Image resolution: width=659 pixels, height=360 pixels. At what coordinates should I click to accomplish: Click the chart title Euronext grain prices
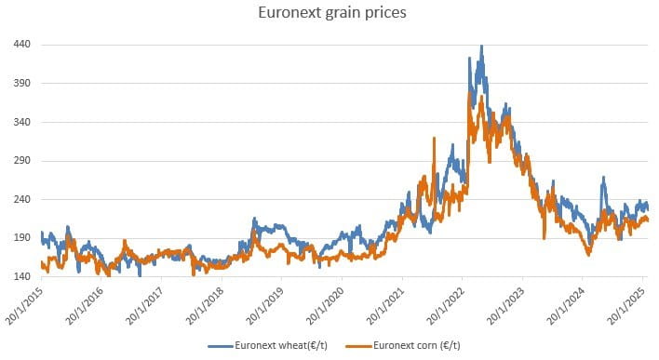pos(329,14)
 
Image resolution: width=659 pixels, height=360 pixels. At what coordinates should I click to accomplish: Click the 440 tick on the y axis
pos(23,45)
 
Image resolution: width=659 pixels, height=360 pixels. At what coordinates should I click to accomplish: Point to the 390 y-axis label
pos(23,84)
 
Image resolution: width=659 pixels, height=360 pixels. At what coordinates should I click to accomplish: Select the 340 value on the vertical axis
pos(23,122)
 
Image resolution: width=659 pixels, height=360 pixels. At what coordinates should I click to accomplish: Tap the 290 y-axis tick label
pos(23,161)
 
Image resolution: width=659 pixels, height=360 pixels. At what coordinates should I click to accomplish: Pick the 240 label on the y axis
pos(23,199)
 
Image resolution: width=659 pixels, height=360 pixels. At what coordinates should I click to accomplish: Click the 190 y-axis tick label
pos(23,238)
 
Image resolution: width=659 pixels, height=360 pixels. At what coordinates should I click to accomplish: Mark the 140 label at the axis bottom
pos(23,276)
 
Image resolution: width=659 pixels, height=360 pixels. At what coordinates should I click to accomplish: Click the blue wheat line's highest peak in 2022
pos(480,47)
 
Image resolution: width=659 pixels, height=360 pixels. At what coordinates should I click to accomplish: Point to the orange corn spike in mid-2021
pos(434,139)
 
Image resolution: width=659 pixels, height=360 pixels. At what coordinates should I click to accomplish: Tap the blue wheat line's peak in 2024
pos(603,178)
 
